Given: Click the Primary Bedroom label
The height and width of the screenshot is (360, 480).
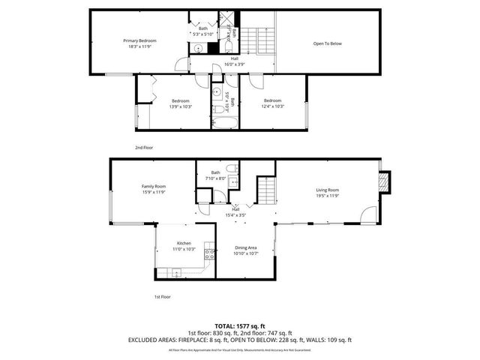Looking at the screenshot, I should pos(139,40).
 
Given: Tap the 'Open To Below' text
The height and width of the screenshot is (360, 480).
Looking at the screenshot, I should pos(327,43).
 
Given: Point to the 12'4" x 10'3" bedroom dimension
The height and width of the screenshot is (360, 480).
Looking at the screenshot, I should pos(273,106).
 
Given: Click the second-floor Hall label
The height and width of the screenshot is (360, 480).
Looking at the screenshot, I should pos(235,58).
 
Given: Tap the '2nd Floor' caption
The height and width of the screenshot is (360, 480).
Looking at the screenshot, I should pos(144,148).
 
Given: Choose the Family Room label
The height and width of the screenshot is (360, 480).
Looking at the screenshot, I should pos(154,186).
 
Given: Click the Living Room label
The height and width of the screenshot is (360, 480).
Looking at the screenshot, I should pos(328,190).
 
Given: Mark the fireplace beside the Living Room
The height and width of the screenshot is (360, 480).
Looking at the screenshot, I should pos(384,182).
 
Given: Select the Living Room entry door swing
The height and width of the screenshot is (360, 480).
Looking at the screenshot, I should pos(367,215).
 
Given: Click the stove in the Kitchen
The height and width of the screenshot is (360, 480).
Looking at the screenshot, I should pos(211,253).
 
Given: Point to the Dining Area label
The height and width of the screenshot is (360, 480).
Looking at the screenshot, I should pos(247,247).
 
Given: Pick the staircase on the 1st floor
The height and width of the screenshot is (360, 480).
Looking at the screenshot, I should pos(266,192).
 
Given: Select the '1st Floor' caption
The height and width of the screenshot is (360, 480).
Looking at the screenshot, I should pos(163,297).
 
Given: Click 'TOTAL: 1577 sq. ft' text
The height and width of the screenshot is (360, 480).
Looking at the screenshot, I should pos(239,325).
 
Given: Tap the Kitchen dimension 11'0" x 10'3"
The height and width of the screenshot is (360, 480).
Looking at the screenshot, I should pos(184,249).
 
